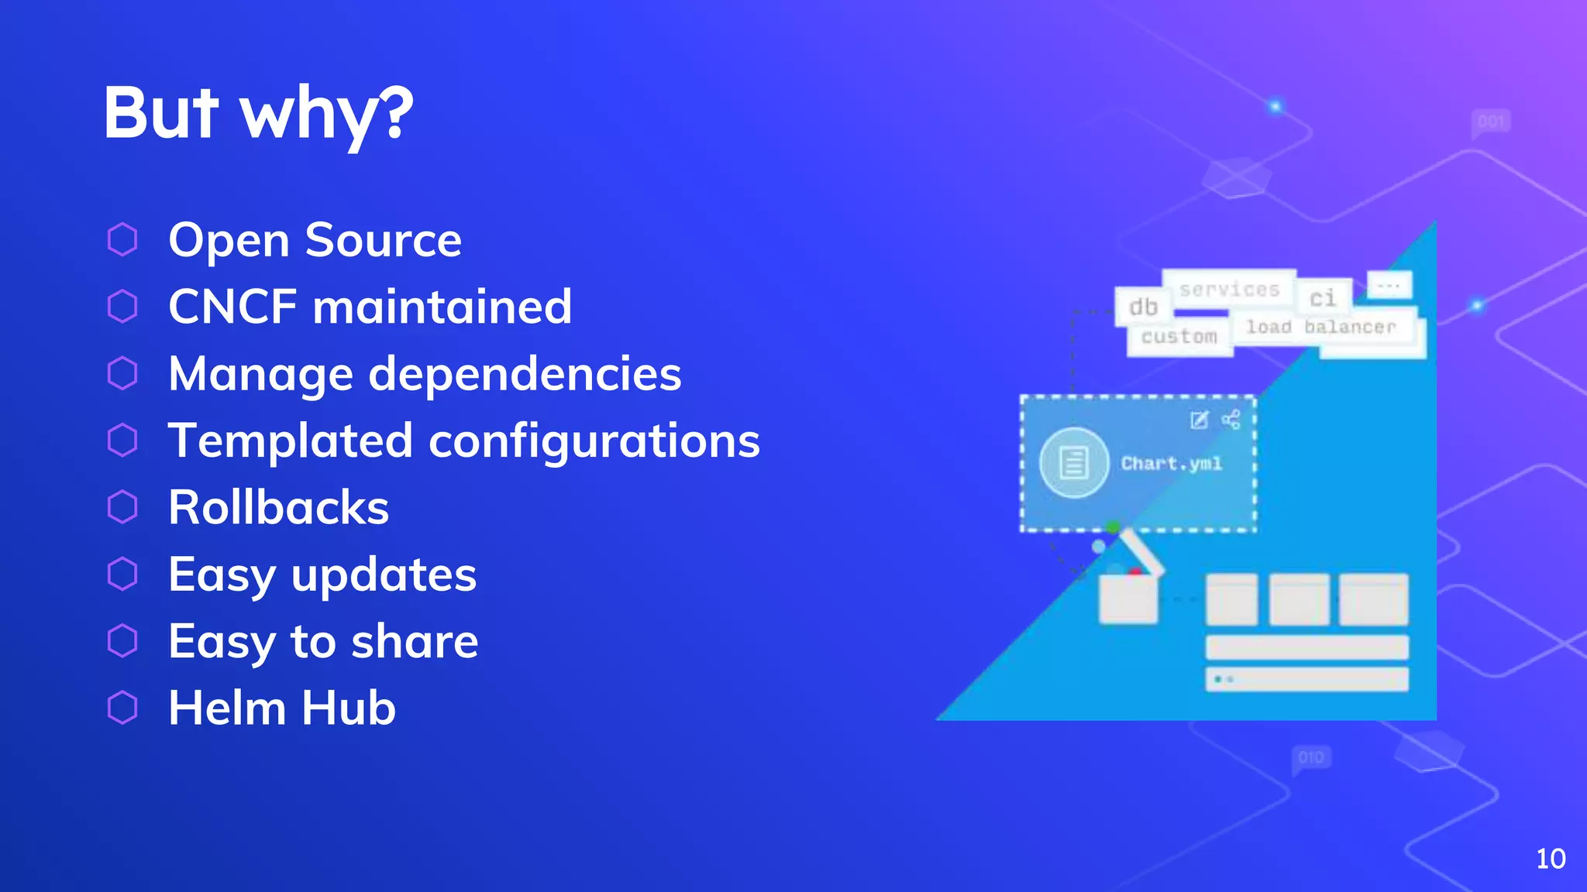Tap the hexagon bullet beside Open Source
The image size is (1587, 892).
(122, 239)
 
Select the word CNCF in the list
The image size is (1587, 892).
(232, 307)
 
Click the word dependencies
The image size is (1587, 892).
(525, 374)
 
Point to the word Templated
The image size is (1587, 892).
(290, 441)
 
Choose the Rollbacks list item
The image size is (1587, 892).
(278, 508)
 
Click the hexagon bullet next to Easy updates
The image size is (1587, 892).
(122, 574)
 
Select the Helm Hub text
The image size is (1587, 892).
(282, 708)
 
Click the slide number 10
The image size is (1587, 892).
(1551, 859)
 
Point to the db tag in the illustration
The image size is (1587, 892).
(1143, 307)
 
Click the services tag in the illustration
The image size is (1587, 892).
(1229, 290)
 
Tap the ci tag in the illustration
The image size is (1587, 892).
(1323, 298)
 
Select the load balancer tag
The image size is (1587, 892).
(1320, 328)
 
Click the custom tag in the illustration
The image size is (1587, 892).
(1179, 337)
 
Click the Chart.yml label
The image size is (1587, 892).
(1172, 464)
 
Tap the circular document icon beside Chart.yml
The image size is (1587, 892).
(1074, 463)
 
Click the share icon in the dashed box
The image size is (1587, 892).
(1231, 420)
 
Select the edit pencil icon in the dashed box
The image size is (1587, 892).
(1199, 420)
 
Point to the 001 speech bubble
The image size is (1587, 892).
(1491, 122)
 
